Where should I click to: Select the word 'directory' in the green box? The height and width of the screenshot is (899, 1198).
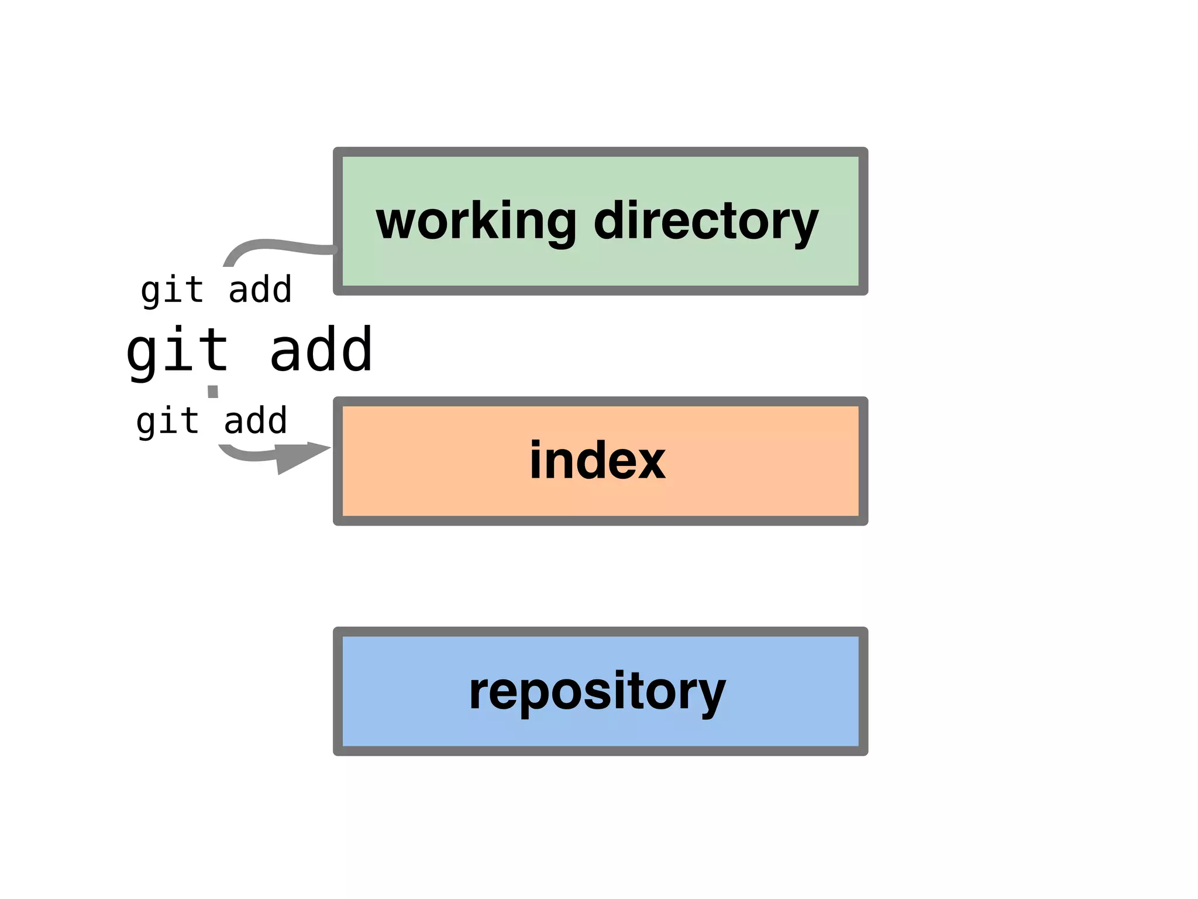[705, 221]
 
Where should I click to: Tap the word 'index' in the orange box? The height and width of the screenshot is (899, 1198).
[597, 461]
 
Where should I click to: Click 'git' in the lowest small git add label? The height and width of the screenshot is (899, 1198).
[167, 421]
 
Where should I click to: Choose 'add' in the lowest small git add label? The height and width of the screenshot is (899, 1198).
[256, 421]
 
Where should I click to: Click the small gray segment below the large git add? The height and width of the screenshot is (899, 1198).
[213, 392]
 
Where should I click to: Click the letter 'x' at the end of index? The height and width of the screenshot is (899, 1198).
[650, 462]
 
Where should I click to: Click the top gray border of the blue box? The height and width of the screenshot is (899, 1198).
[600, 632]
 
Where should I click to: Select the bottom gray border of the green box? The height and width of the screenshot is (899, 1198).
[600, 290]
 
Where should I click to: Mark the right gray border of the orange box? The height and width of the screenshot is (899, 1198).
[863, 461]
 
